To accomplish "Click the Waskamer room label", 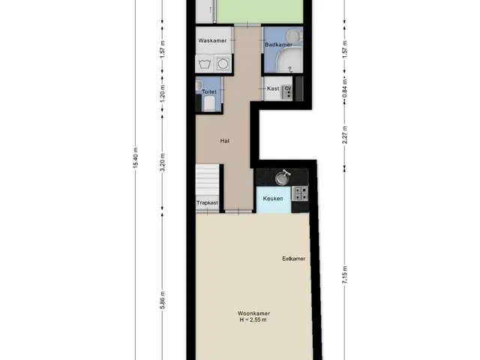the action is click(x=212, y=40).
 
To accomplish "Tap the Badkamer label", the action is click(x=278, y=45).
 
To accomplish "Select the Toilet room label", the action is click(x=209, y=91).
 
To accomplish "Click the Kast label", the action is click(x=273, y=88).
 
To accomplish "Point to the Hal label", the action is click(x=225, y=141).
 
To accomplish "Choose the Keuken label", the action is click(x=273, y=198).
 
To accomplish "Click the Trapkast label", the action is click(x=207, y=202).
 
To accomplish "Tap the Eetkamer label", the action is click(x=293, y=259).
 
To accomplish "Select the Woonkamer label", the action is click(x=253, y=313).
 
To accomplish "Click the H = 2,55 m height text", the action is click(x=253, y=320).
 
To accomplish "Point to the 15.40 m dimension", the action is click(x=136, y=157).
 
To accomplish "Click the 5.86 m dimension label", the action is click(x=163, y=300).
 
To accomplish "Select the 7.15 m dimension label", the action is click(x=345, y=275).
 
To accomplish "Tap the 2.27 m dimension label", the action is click(x=345, y=135).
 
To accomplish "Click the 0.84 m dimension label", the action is click(x=345, y=88).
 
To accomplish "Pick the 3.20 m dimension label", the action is click(x=163, y=162).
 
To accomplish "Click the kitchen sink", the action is click(x=283, y=178).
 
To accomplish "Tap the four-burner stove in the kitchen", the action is click(x=300, y=193).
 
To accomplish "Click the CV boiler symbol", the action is click(x=287, y=91).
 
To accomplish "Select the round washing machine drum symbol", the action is click(x=223, y=64).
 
